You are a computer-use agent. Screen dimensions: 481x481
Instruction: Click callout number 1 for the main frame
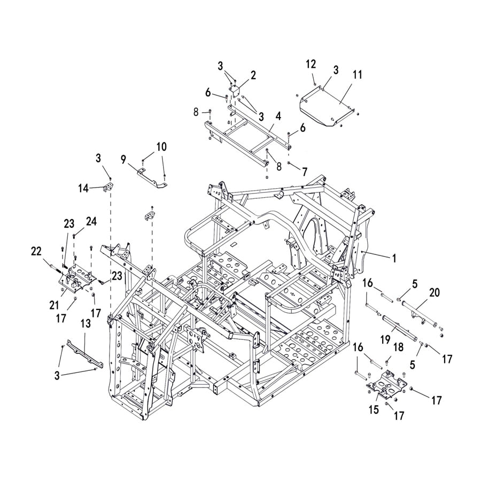[x=394, y=258]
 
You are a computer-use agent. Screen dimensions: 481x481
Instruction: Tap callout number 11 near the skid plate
[x=356, y=75]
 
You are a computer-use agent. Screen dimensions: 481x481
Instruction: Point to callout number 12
[x=311, y=64]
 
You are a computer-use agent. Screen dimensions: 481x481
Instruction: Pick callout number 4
[x=278, y=115]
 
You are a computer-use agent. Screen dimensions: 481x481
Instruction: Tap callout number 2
[x=253, y=75]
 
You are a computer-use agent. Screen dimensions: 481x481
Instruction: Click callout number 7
[x=305, y=172]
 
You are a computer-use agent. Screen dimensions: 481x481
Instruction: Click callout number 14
[x=83, y=188]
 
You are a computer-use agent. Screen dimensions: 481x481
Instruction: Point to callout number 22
[x=36, y=250]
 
